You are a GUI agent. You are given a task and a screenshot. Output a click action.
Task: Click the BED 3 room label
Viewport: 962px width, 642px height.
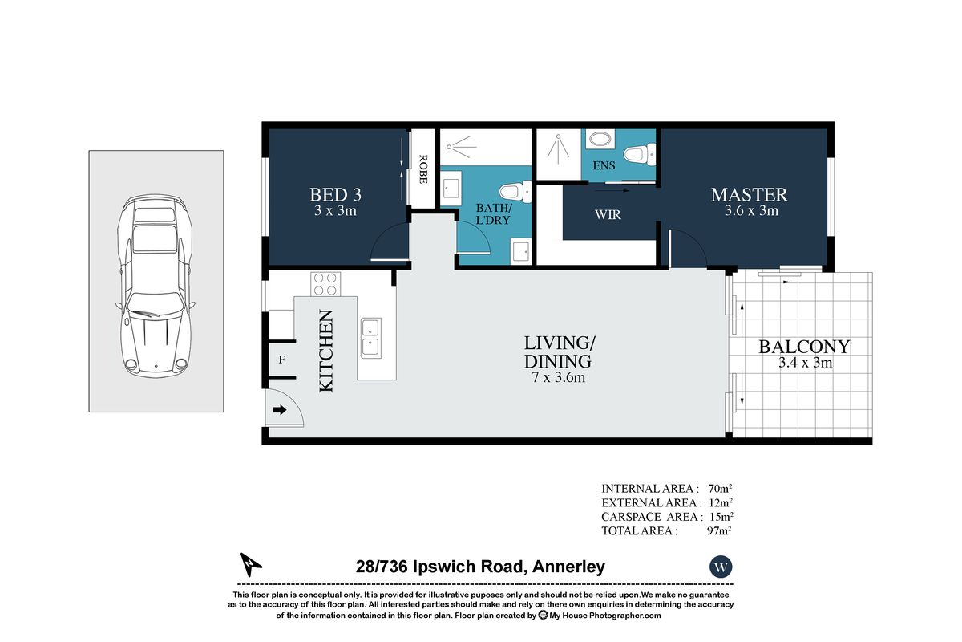pos(335,195)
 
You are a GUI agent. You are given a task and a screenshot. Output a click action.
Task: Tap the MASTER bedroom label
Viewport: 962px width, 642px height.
pos(749,195)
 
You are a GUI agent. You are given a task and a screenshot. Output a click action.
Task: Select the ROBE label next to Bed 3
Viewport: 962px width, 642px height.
pos(423,169)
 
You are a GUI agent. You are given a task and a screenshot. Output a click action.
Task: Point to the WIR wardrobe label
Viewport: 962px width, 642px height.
pos(608,214)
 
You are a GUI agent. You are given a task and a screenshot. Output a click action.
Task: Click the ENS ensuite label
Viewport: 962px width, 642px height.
pos(604,165)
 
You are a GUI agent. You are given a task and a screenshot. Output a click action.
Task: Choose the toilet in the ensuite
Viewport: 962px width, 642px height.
pos(640,154)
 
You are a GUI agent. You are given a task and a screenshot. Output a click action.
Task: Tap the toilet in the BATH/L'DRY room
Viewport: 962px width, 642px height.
pos(515,193)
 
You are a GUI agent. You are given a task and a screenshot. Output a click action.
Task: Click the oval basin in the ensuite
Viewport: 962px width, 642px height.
pos(599,139)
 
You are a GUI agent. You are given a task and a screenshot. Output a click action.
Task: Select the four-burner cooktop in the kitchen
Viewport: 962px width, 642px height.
pos(325,284)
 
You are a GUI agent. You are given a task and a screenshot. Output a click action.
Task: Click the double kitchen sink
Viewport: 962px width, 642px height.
pos(370,339)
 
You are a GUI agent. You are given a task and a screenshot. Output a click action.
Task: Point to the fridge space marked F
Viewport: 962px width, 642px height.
pos(281,360)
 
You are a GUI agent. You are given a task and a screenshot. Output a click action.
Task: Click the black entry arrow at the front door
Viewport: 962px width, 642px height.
pos(280,410)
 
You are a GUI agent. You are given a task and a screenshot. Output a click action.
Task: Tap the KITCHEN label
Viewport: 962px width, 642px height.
pos(326,351)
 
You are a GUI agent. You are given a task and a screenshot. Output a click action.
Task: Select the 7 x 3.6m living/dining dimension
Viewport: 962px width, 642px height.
pos(558,377)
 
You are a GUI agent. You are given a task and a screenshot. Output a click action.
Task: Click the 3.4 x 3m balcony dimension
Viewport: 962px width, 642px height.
pos(805,363)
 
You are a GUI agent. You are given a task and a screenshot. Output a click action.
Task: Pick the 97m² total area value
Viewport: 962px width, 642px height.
pos(719,530)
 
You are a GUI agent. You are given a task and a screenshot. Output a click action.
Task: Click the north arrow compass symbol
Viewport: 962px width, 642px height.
pos(250,565)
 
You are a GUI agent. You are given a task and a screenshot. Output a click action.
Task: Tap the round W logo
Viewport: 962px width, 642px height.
pos(721,567)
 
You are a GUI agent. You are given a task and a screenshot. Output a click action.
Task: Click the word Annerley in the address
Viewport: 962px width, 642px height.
pos(568,567)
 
